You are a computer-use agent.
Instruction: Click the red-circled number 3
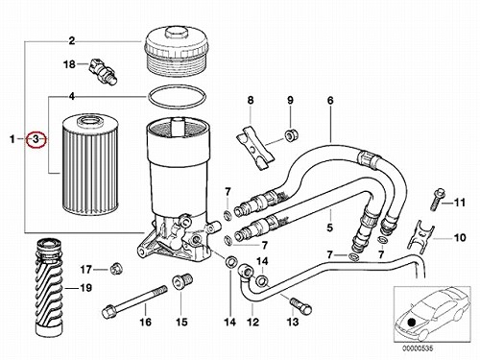[36, 139]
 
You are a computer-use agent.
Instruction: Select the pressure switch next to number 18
[103, 71]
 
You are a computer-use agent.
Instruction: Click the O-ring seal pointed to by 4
[177, 96]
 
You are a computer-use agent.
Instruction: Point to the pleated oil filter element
[84, 166]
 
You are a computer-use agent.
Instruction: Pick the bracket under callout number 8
[255, 147]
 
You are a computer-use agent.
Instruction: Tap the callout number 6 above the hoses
[330, 101]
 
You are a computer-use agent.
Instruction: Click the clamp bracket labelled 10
[420, 235]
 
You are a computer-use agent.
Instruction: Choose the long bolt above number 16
[134, 300]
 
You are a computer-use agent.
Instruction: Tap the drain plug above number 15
[182, 281]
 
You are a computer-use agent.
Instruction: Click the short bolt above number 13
[300, 305]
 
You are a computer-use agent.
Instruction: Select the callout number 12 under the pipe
[252, 322]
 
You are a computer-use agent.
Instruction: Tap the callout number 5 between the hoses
[330, 228]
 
